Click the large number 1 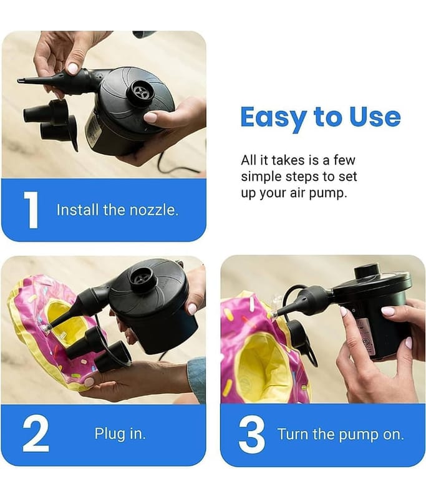[31, 210]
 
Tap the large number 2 [36, 434]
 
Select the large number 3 [251, 435]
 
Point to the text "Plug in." [120, 434]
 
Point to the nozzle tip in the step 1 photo [20, 80]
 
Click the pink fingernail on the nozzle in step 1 [73, 69]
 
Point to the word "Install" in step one [77, 210]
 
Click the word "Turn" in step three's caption [293, 434]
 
